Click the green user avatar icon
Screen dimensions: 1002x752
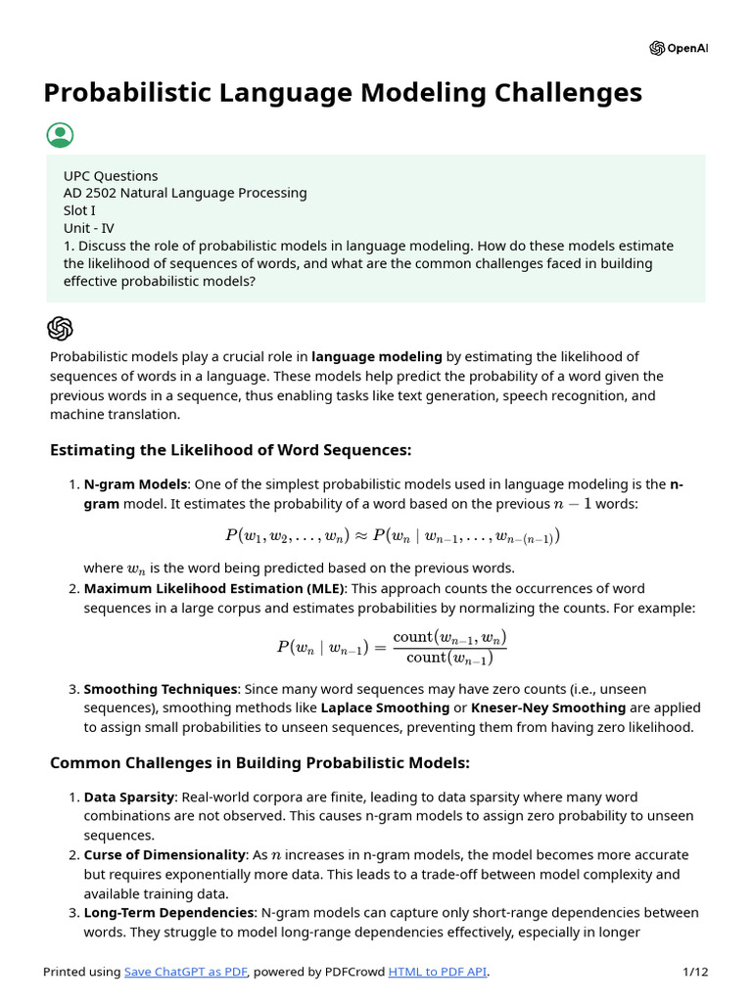coord(60,135)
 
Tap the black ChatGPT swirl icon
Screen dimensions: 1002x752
coord(60,329)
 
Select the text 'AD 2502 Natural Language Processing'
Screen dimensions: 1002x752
coord(185,193)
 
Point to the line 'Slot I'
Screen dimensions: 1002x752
coord(79,210)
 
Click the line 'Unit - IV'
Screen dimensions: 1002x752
coord(88,228)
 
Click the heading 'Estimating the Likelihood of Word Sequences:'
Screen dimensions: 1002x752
coord(230,450)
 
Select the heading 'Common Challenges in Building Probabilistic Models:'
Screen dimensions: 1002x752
coord(259,762)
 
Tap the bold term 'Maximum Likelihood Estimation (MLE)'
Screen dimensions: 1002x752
coord(213,588)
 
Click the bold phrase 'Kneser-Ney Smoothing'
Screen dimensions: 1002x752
coord(548,707)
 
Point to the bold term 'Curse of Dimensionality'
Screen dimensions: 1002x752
coord(164,854)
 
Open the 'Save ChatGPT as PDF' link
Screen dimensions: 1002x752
coord(186,972)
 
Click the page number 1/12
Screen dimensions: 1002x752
coord(695,972)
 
